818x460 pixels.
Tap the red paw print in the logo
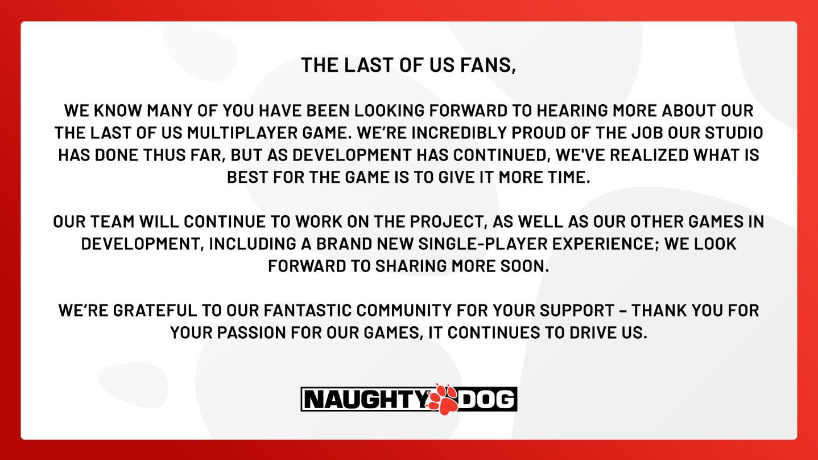pos(443,399)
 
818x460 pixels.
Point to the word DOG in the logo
pos(486,399)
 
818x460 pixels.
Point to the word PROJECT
pos(448,222)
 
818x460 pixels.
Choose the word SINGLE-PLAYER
pos(483,244)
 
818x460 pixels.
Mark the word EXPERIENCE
pos(604,244)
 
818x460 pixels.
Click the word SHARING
pos(411,266)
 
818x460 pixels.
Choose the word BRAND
pos(344,244)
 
